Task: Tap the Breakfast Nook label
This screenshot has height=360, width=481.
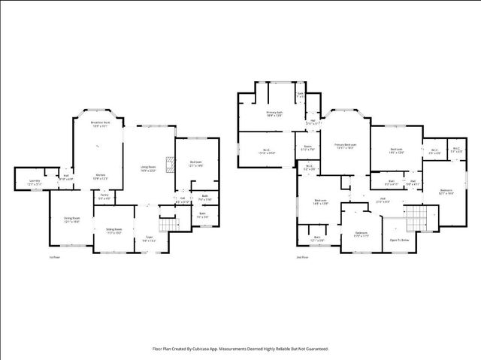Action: click(101, 123)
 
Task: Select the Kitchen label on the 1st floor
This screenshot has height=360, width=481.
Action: click(100, 177)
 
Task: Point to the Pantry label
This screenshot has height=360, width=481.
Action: click(104, 196)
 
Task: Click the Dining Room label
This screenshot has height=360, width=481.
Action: click(72, 219)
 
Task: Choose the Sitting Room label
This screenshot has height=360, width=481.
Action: click(113, 230)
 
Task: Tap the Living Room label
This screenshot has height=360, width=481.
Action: click(148, 168)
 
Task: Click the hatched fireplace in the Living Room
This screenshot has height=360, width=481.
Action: click(171, 164)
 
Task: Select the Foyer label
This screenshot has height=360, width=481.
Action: click(149, 239)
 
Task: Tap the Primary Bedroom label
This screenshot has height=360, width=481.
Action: click(345, 146)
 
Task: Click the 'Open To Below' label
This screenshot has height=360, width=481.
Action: click(399, 240)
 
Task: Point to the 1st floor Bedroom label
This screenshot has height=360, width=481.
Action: click(195, 163)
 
